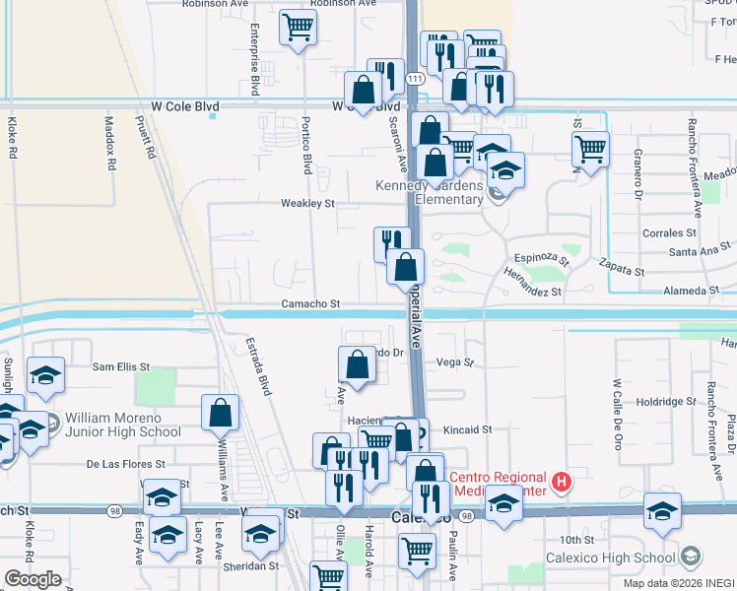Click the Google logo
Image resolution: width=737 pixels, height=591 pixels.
tap(33, 579)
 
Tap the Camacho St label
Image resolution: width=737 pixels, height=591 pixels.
tap(310, 305)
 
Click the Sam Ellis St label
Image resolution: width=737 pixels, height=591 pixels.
tap(120, 366)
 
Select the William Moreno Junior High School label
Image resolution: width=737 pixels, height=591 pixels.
tap(124, 425)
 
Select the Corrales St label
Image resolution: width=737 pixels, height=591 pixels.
tap(669, 233)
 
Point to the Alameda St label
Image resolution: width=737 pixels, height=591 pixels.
tap(692, 291)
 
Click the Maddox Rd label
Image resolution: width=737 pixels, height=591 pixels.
tap(110, 141)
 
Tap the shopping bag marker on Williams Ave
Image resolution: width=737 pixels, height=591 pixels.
tap(221, 413)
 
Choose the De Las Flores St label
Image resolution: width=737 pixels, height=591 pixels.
tap(123, 463)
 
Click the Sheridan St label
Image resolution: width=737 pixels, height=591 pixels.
tap(251, 566)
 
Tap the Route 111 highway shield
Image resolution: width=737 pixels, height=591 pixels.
tap(415, 78)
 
